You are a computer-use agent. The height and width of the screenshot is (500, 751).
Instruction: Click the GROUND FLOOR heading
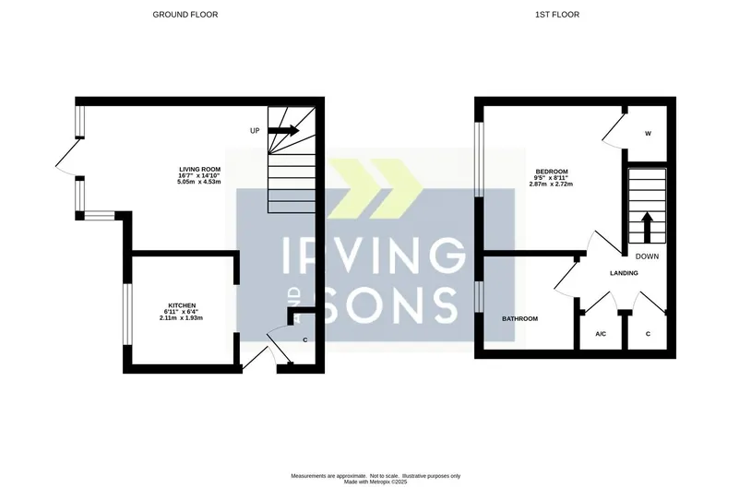pos(185,15)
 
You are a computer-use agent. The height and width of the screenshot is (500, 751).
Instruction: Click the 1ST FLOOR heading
pos(557,15)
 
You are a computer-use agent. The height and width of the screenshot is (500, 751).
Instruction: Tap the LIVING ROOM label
pos(199,170)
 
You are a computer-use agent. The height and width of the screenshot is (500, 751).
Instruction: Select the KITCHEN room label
pos(182,305)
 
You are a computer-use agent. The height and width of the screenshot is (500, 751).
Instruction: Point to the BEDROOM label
pos(552,172)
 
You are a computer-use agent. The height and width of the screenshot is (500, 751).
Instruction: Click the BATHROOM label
pos(519,319)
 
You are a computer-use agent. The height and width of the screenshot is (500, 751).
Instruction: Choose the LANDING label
pos(624,273)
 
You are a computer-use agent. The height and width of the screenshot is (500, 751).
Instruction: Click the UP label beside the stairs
pos(255,131)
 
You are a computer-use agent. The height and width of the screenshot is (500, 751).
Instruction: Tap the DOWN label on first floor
pos(647,256)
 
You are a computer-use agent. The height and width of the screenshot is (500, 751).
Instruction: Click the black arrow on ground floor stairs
pos(283,130)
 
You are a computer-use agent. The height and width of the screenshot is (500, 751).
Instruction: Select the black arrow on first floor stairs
pos(647,228)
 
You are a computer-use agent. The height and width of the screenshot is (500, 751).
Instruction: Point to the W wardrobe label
pos(648,134)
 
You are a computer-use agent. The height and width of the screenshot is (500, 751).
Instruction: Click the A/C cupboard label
pos(601,334)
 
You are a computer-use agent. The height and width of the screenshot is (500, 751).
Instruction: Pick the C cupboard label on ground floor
pos(305,340)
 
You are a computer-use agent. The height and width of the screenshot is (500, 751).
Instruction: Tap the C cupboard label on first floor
pos(648,334)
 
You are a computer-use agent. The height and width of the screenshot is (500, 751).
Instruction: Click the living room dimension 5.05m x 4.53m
pos(199,182)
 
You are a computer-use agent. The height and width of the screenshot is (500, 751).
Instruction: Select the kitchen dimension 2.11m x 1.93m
pos(182,317)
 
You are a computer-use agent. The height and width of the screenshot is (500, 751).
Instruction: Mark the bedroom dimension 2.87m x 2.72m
pos(552,184)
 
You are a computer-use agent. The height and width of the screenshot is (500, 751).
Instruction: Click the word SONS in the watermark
pos(390,304)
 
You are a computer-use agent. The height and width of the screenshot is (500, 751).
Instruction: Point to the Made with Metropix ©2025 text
pos(375,482)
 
